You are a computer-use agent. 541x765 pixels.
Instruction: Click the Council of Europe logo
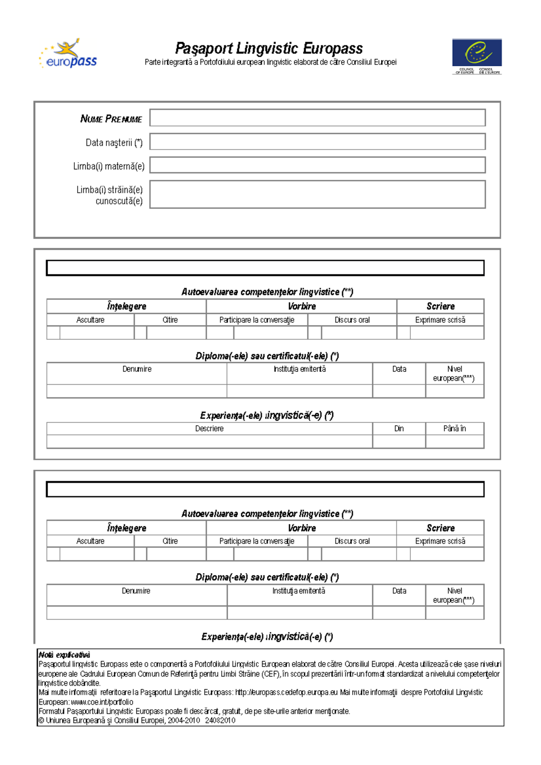(x=477, y=56)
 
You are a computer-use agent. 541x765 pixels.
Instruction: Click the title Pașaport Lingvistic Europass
(x=269, y=48)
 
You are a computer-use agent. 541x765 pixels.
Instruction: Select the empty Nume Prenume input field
(x=317, y=118)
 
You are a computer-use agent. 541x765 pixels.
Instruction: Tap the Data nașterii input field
(x=317, y=141)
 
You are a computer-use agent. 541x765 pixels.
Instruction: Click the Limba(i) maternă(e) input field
(x=317, y=165)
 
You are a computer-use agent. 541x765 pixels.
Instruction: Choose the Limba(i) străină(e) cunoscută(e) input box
(x=317, y=194)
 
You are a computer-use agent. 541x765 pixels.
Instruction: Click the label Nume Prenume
(x=111, y=119)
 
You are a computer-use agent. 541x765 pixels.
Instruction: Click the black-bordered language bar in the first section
(x=265, y=268)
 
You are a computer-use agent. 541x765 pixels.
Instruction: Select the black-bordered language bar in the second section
(x=265, y=489)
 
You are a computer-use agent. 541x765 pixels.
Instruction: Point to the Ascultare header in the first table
(x=90, y=320)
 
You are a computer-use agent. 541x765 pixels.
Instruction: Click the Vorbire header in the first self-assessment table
(x=302, y=306)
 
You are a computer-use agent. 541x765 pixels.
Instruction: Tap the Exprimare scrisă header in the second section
(x=440, y=541)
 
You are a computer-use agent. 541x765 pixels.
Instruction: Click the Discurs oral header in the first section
(x=352, y=320)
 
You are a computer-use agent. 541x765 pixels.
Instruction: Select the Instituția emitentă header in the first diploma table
(x=299, y=369)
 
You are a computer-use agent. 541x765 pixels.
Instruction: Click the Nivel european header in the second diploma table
(x=454, y=595)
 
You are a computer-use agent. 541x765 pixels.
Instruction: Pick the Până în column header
(x=454, y=428)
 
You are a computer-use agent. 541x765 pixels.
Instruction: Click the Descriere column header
(x=209, y=428)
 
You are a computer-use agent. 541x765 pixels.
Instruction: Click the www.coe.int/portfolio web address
(x=102, y=702)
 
